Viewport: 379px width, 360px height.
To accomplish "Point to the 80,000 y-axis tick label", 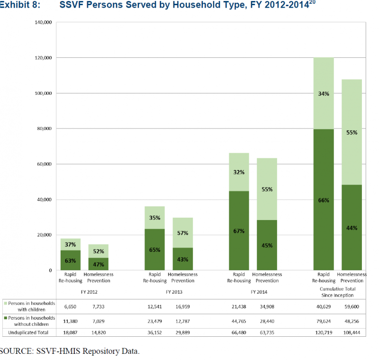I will point(45,129).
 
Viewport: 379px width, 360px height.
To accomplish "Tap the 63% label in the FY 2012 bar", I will point(70,260).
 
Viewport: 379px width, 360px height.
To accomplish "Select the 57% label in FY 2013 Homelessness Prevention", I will point(183,233).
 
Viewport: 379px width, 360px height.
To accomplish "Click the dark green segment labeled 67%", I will point(239,231).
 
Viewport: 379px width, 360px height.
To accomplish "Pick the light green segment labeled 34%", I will point(323,93).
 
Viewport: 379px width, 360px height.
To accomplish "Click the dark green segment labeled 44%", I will point(352,227).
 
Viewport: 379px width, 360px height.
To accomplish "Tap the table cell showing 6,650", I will point(70,307).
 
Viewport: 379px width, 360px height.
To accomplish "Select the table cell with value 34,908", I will point(267,307).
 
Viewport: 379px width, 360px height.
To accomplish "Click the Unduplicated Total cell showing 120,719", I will point(323,332).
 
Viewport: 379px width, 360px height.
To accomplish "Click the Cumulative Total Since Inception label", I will point(337,292).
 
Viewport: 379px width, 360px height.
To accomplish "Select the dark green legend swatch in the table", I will point(5,318).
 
